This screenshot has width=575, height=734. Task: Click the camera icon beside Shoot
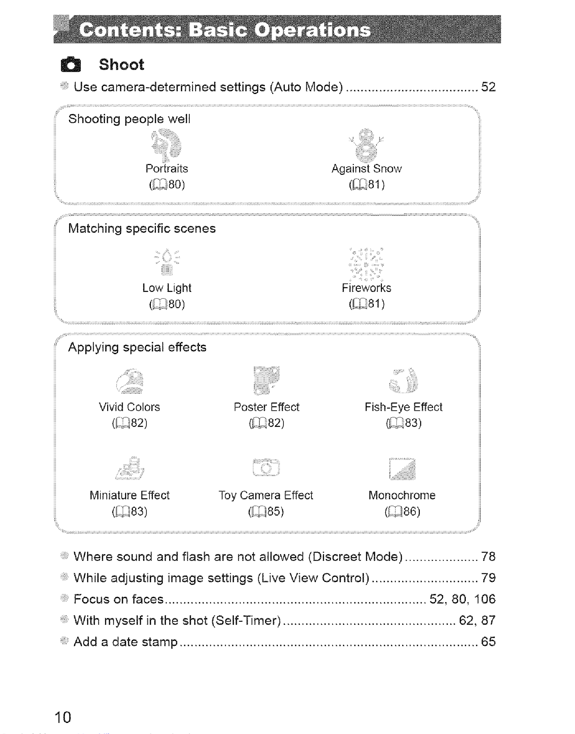71,65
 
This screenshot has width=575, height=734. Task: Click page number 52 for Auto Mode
488,87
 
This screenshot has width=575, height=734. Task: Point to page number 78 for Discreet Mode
488,557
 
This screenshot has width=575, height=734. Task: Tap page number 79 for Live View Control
488,578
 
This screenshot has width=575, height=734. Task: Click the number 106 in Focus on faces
485,599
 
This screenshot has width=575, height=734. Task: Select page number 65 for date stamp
488,641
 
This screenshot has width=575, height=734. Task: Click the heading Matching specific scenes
142,229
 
